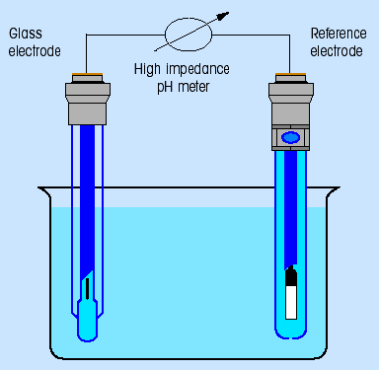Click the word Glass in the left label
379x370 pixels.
coord(26,34)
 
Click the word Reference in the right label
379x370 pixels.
coord(339,34)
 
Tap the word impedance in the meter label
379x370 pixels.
coord(197,70)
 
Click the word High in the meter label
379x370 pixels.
coord(147,70)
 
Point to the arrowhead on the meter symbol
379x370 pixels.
coord(224,16)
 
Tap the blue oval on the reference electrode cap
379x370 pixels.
coord(290,137)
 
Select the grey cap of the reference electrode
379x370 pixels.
coord(291,112)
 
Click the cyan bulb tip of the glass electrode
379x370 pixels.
coord(87,321)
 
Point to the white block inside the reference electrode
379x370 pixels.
coord(291,302)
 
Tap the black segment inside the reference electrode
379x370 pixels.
coord(291,276)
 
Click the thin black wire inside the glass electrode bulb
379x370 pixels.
coord(87,289)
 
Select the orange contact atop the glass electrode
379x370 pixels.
coord(88,74)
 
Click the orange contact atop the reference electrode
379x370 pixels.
coord(291,74)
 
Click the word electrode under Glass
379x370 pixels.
coord(35,51)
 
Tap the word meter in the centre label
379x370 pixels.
coord(193,87)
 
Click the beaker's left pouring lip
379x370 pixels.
coord(44,190)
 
